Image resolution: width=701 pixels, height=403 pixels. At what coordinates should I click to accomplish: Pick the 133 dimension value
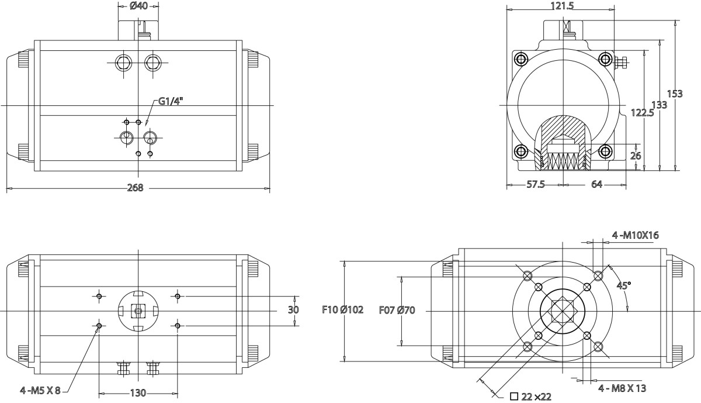[x=659, y=105]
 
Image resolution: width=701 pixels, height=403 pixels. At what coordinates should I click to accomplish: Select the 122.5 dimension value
[x=642, y=113]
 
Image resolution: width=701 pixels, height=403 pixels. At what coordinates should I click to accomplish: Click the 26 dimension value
[x=636, y=156]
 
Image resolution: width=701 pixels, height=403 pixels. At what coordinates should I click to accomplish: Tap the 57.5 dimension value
[x=535, y=184]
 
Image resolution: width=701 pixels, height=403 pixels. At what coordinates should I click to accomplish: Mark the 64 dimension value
[x=596, y=184]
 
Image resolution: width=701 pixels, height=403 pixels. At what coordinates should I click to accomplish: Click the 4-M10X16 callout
[x=635, y=235]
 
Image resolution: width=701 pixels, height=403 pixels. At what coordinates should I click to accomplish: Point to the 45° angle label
[x=624, y=285]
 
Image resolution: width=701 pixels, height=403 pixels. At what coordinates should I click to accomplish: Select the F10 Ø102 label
[x=343, y=310]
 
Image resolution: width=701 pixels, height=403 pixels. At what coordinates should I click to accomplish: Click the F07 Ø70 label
[x=397, y=310]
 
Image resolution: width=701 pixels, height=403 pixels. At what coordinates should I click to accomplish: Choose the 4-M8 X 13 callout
[x=622, y=387]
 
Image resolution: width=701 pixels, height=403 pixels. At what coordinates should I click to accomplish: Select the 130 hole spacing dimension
[x=137, y=392]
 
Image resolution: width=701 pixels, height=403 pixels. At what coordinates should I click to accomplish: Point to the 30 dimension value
[x=293, y=310]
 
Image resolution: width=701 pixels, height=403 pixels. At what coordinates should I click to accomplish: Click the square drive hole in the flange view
[x=562, y=309]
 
